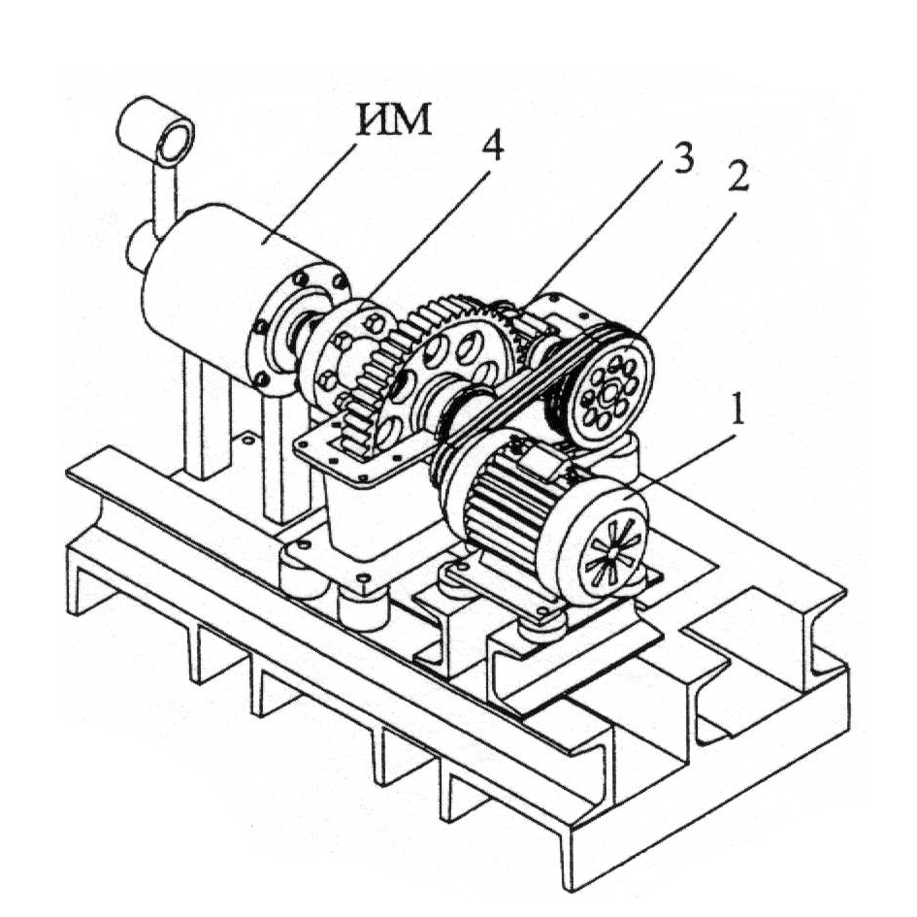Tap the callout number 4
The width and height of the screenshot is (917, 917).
[492, 144]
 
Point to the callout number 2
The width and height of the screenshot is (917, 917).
[737, 175]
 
